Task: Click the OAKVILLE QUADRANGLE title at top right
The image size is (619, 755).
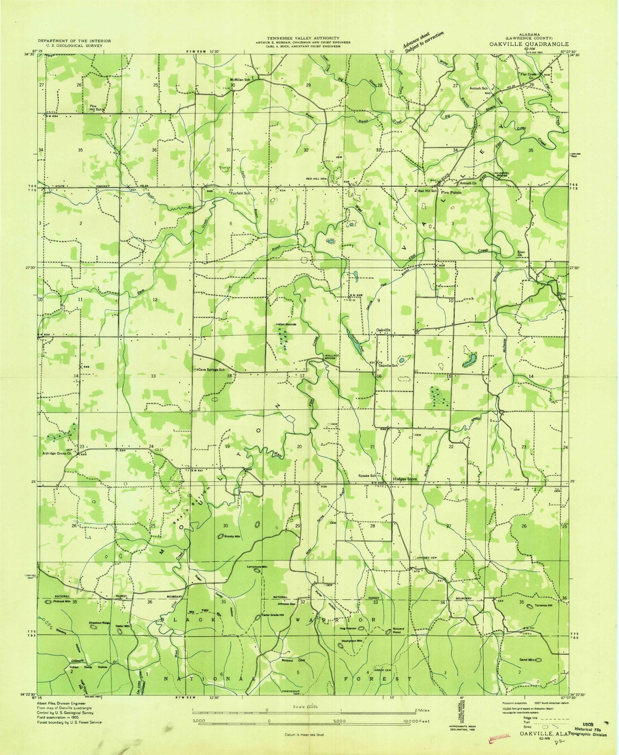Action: click(538, 44)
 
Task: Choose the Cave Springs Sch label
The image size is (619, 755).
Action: click(210, 369)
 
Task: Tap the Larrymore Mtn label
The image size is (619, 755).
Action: click(257, 567)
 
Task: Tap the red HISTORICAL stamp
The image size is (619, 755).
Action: click(499, 736)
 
